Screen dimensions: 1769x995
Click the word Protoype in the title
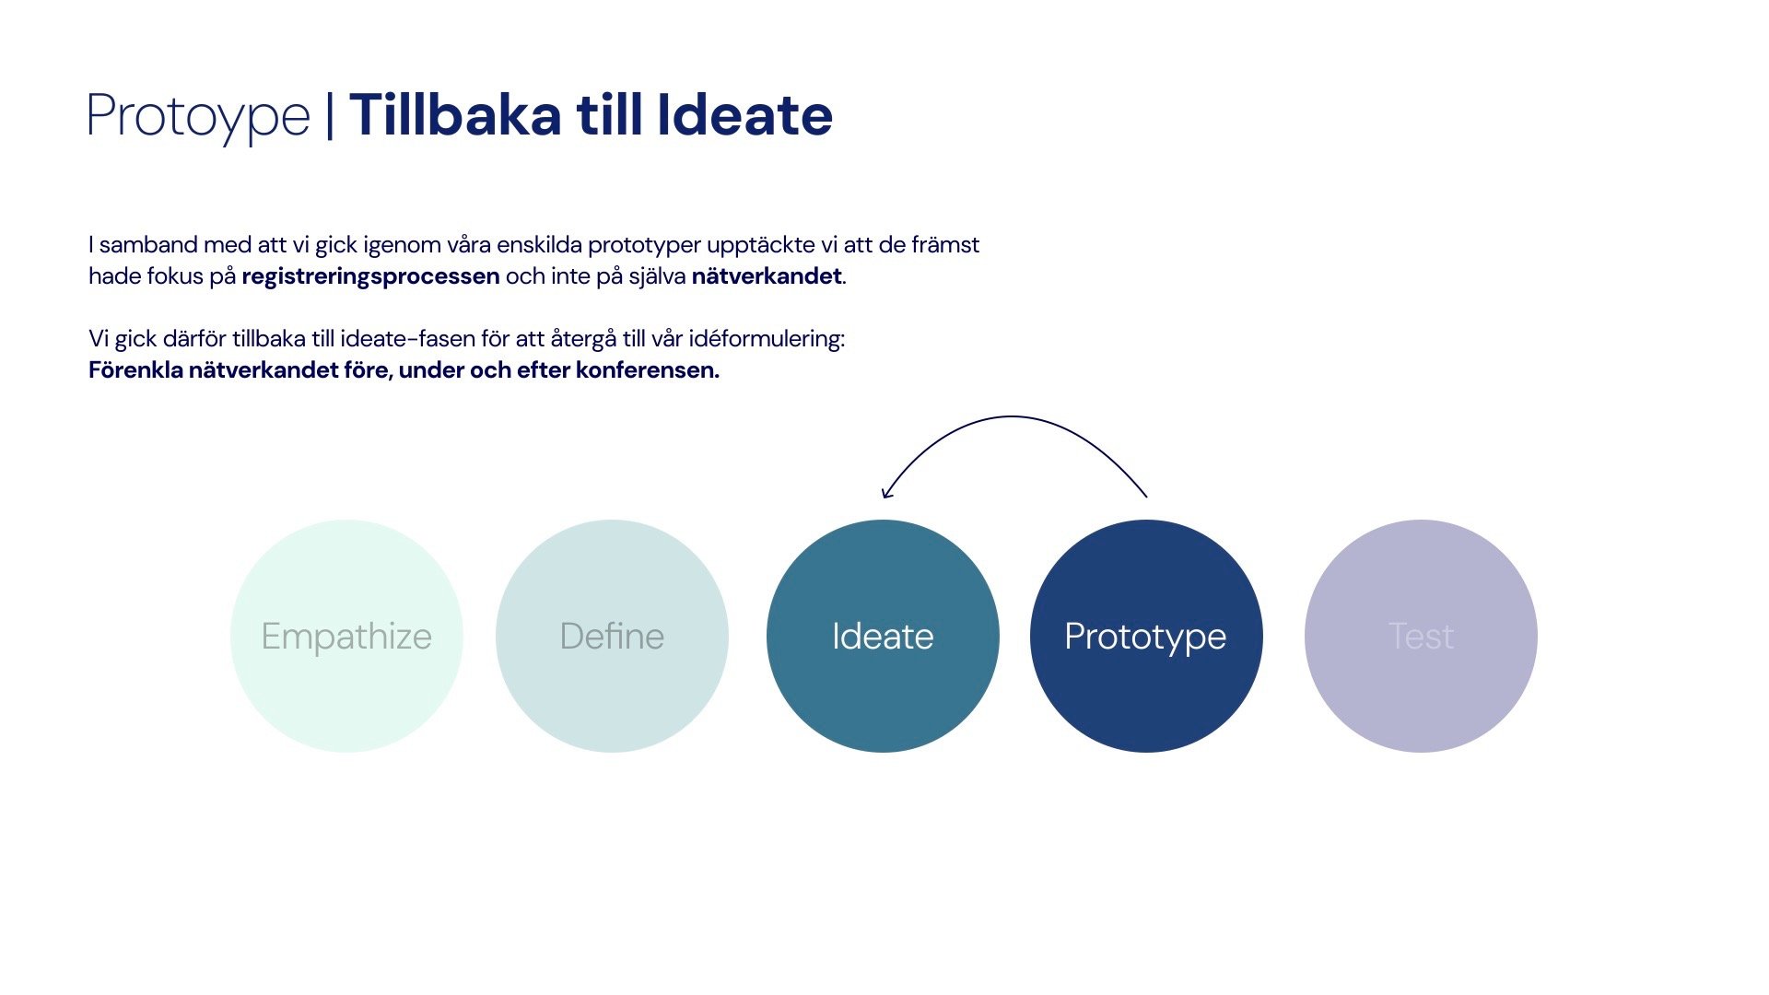199,118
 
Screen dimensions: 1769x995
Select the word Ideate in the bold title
744,115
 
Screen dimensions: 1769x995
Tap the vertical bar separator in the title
330,116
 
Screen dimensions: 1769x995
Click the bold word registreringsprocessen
370,276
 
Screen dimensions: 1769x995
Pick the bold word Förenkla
135,370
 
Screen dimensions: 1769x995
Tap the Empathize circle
346,636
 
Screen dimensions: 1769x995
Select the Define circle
612,636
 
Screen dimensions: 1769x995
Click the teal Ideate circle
883,636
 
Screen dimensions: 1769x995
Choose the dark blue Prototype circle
1146,636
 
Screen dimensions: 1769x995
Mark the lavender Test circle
1421,636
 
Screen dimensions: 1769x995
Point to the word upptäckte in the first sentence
760,245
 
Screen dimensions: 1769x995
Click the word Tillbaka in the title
455,115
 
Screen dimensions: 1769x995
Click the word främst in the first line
945,244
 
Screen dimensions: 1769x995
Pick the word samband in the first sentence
148,244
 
